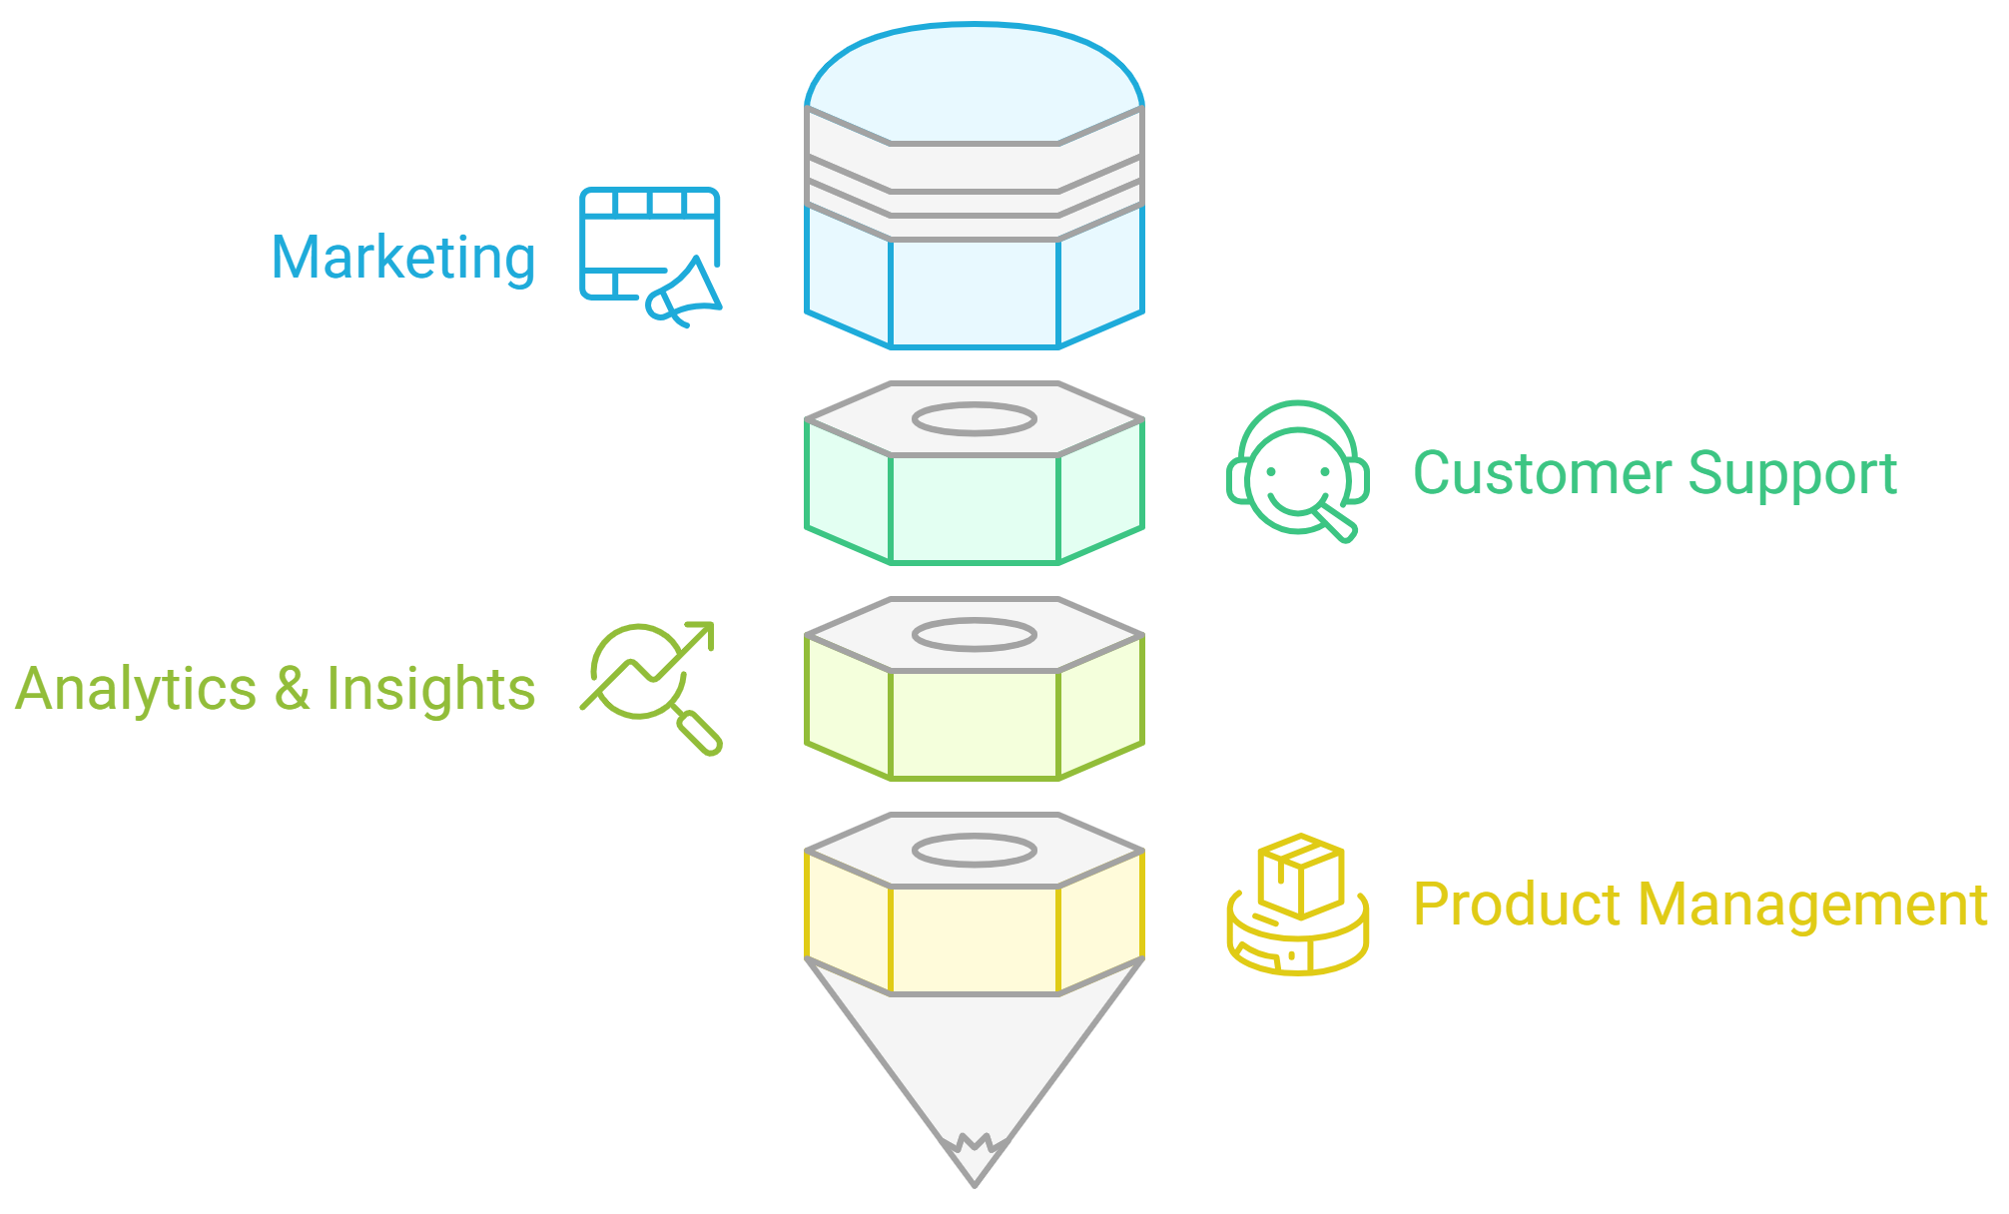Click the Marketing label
[x=403, y=258]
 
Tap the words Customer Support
[x=1655, y=473]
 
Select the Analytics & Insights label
[x=276, y=689]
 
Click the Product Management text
[x=1699, y=905]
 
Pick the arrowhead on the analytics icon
[x=702, y=633]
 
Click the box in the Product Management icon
[x=1300, y=876]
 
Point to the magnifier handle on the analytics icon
[x=700, y=734]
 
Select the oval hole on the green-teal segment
[x=975, y=419]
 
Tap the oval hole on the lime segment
[x=975, y=634]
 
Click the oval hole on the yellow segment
[x=975, y=850]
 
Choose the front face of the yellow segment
[x=974, y=939]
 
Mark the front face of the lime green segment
[x=974, y=724]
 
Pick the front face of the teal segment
[x=974, y=508]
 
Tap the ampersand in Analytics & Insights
[x=291, y=689]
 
